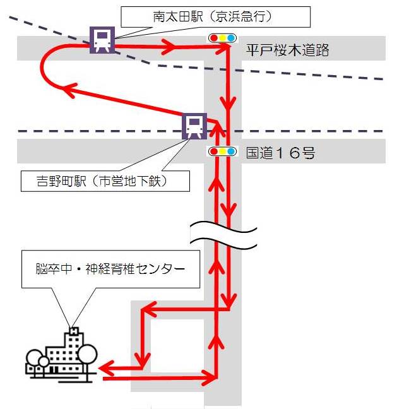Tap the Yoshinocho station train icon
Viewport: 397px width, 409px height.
(194, 126)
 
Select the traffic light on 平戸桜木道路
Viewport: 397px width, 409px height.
(223, 39)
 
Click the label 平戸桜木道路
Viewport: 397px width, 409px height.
(287, 51)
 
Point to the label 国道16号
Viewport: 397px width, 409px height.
(280, 153)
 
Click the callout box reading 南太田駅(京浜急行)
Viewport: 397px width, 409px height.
(215, 16)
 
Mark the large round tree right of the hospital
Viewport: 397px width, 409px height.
(87, 355)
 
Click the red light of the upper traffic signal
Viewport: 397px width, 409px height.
(214, 39)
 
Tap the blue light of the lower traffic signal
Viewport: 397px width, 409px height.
(230, 151)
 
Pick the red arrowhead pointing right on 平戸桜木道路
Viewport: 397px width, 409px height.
(170, 45)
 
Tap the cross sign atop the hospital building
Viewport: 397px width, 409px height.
(74, 330)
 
